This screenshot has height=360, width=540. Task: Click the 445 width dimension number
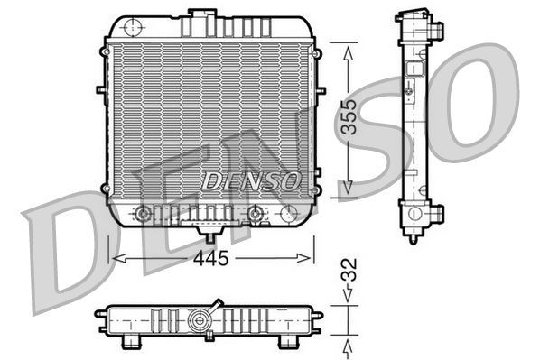pos(210,259)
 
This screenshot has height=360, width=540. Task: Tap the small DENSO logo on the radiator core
pos(250,180)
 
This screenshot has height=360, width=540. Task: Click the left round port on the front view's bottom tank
pos(142,214)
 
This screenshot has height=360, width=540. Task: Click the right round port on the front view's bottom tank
pos(256,214)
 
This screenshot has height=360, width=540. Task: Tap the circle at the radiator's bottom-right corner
pos(290,214)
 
